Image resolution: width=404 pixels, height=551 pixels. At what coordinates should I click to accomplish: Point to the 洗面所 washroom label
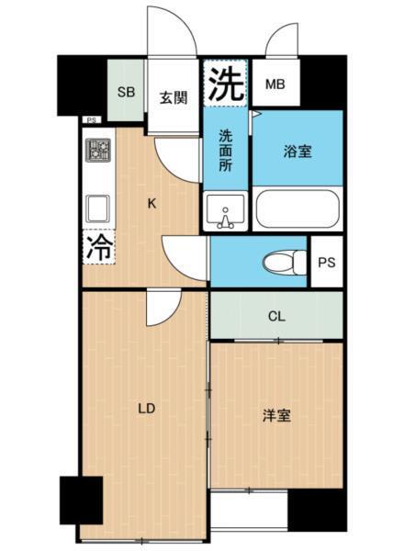coord(225,152)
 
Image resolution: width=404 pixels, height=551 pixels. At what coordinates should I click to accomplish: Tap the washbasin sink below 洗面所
coord(224,212)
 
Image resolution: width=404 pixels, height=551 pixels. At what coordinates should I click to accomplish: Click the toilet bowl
coord(280,263)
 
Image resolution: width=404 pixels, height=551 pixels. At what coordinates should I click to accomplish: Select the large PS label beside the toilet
coord(326,263)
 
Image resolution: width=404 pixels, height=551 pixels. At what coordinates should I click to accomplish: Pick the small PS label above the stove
coord(90,120)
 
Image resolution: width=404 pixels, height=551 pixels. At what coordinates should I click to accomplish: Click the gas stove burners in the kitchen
coord(98,150)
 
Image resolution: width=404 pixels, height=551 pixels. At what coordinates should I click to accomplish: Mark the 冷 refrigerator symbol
coord(98,246)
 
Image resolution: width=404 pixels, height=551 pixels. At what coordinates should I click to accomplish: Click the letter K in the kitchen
coord(152,204)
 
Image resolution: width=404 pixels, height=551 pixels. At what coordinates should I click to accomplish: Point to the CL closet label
coord(276,317)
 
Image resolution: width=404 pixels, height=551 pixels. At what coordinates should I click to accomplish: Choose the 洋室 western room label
coord(276,416)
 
